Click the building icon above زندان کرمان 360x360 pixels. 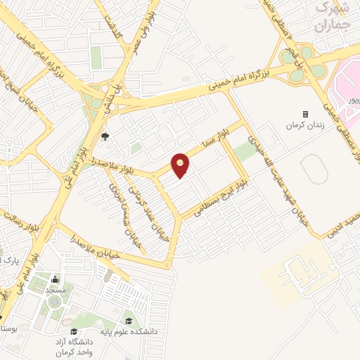(x=305, y=114)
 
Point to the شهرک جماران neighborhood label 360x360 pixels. (x=333, y=18)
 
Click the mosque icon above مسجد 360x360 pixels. (x=54, y=280)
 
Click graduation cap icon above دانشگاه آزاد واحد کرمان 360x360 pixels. (x=73, y=331)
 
